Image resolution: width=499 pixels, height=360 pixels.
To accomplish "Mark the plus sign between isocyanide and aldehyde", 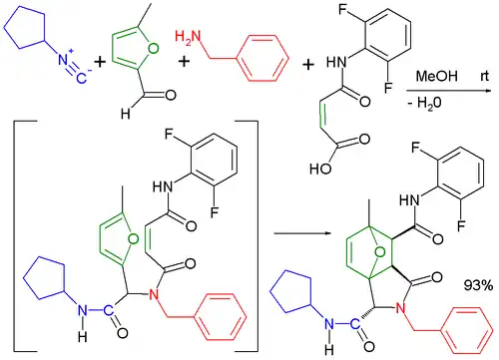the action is click(101, 62).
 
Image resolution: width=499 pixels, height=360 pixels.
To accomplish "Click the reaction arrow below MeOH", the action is click(449, 89).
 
